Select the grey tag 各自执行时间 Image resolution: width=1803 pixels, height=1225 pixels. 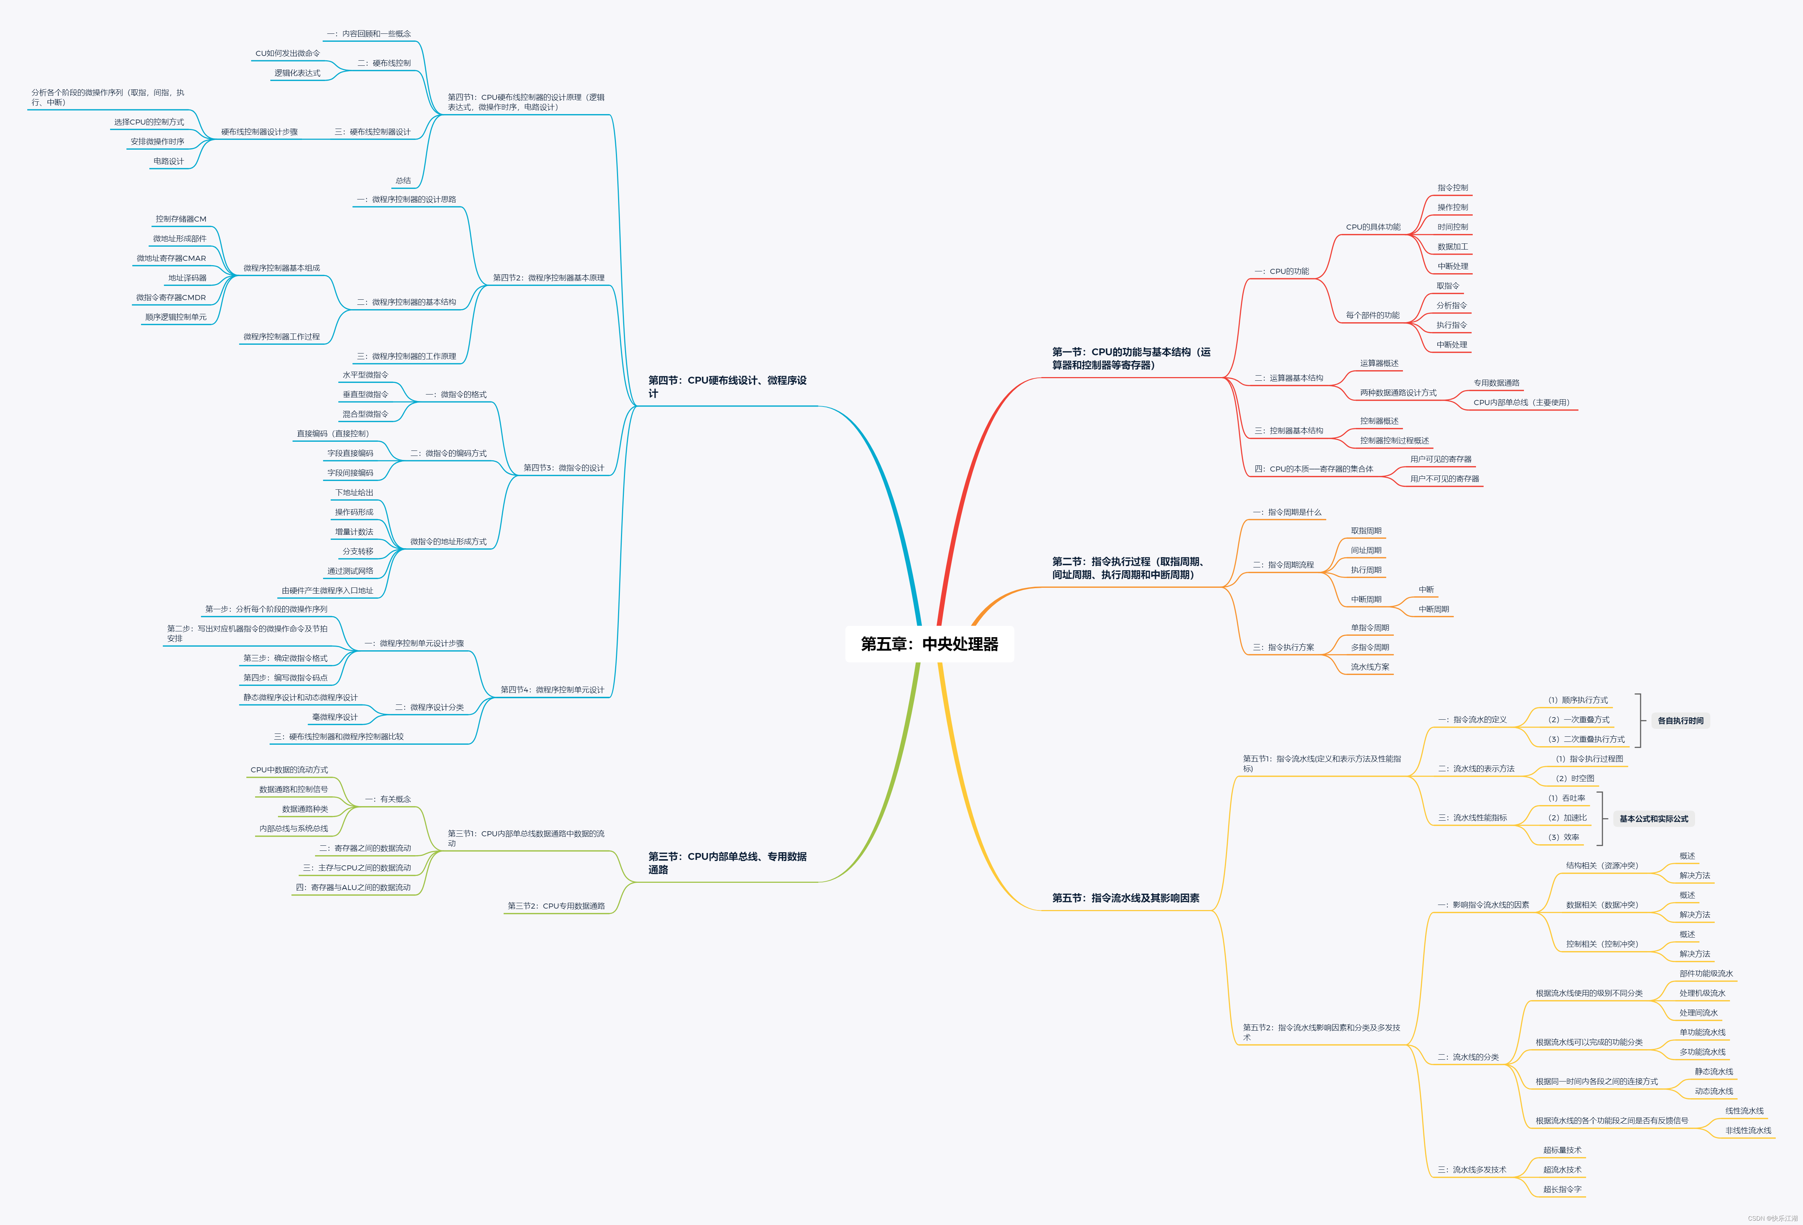point(1681,721)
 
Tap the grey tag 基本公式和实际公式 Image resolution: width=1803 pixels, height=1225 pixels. point(1653,818)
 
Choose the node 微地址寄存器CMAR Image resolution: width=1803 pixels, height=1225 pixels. point(172,258)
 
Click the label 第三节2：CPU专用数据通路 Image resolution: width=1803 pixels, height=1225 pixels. point(556,906)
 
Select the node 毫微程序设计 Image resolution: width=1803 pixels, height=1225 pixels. point(334,717)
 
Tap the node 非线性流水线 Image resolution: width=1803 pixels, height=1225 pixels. point(1748,1130)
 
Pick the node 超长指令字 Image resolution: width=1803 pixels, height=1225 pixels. point(1562,1189)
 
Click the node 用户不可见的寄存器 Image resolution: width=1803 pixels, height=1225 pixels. point(1444,479)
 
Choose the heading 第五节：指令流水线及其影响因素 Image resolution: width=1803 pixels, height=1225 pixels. point(1125,898)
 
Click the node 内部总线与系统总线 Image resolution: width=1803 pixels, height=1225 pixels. point(293,829)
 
